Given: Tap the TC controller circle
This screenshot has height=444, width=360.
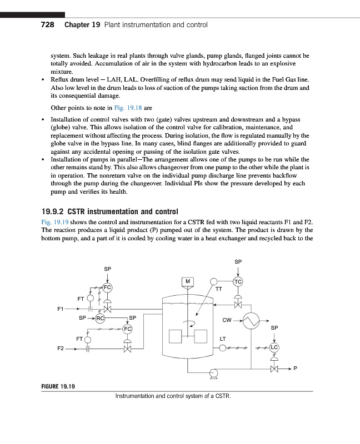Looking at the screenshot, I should tap(238, 282).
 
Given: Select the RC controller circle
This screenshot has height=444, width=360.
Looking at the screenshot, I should tap(100, 319).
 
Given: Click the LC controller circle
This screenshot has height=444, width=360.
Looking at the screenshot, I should tap(274, 348).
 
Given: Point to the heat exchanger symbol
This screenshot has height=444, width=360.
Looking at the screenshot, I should tap(254, 320).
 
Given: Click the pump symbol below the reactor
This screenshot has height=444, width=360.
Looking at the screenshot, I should tap(212, 375).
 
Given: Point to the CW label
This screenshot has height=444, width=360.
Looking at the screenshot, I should tap(227, 320).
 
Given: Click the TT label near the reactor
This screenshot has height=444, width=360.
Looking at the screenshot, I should tap(218, 289).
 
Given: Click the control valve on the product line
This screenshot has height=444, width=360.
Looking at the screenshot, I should tap(274, 369).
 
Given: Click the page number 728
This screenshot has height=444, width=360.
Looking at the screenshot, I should tap(46, 25).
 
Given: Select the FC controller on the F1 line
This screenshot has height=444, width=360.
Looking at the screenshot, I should tap(107, 287).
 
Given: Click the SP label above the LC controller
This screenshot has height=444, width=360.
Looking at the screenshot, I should tap(274, 329).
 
